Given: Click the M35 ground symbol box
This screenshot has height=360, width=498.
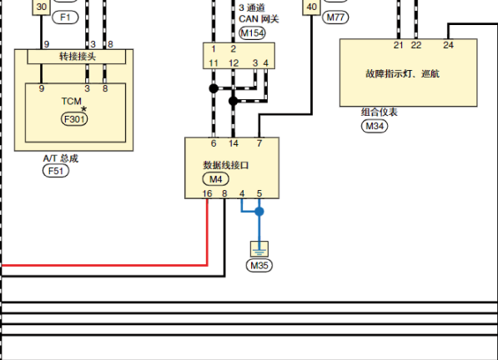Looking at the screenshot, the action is click(x=259, y=249).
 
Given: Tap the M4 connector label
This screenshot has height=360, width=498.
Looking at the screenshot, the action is click(x=216, y=179).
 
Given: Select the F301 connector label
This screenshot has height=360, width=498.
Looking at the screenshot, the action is click(x=74, y=119).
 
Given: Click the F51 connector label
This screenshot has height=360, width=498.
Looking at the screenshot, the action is click(x=56, y=171).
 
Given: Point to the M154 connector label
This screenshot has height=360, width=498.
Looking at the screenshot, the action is click(x=252, y=33).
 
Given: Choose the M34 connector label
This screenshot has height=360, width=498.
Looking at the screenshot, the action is click(x=375, y=126).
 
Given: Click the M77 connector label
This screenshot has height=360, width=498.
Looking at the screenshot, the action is click(x=335, y=17).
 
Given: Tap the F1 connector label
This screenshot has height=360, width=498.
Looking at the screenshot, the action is click(x=65, y=17).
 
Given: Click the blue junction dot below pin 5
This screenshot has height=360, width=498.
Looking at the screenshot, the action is click(x=259, y=211).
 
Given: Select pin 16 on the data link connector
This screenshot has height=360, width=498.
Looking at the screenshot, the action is click(x=207, y=193).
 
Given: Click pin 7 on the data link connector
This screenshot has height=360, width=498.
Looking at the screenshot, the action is click(x=259, y=143).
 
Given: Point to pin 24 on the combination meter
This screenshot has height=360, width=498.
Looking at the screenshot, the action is click(x=448, y=45).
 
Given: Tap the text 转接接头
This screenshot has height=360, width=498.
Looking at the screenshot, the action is click(x=78, y=57).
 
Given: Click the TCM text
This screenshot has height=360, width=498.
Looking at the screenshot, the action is click(x=72, y=101).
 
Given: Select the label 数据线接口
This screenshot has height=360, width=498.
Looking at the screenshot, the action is click(x=226, y=165).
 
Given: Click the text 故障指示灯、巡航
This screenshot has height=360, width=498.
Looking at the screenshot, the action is click(x=402, y=73).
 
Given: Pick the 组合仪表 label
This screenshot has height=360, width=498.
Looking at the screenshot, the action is click(x=380, y=112).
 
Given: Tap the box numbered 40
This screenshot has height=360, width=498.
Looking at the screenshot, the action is click(x=312, y=7).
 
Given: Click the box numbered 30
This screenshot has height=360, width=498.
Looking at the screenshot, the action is click(x=41, y=7).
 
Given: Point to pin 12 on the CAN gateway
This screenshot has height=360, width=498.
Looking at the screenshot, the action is click(x=234, y=63).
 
